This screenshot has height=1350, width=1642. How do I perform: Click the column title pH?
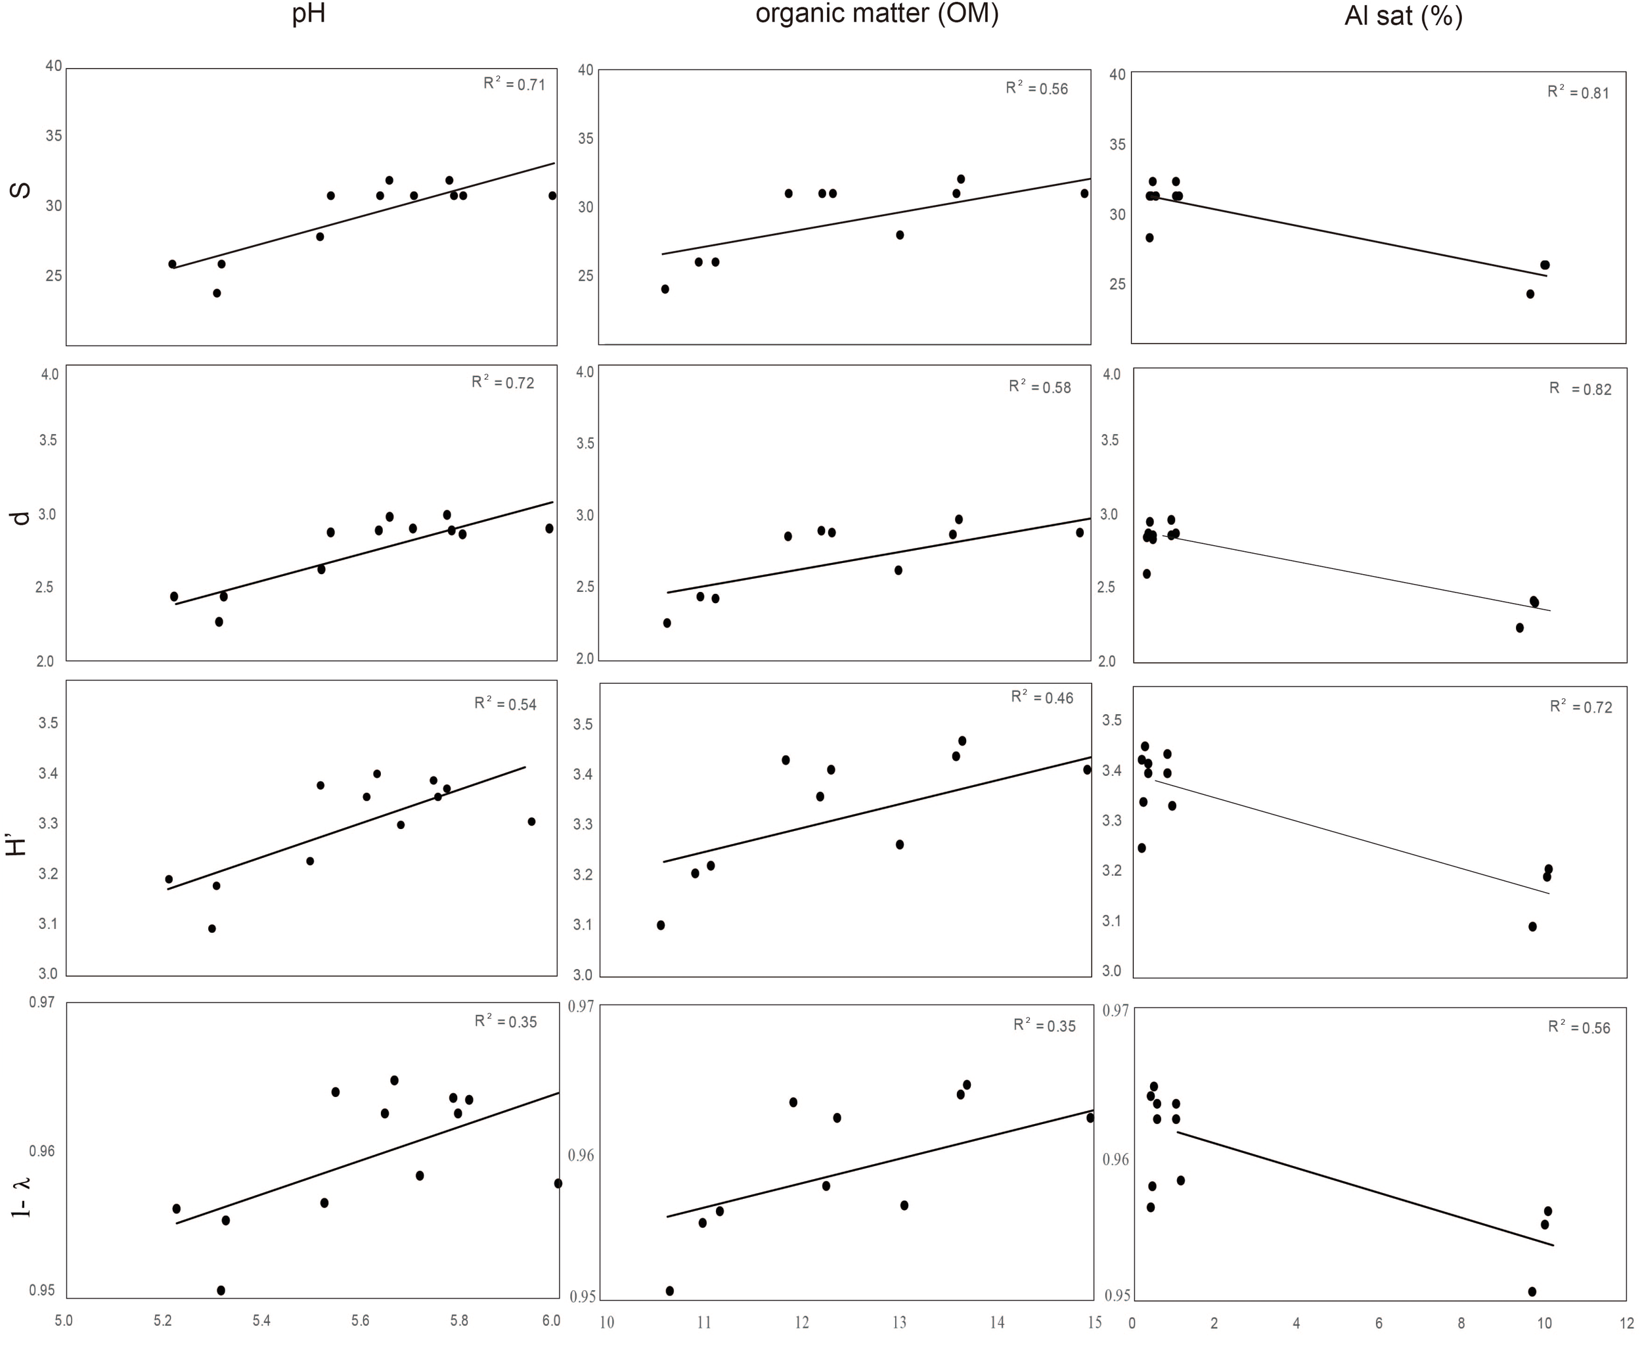[309, 14]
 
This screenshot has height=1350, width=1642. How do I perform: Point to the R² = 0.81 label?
[1578, 93]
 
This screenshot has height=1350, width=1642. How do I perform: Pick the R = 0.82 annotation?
[1580, 389]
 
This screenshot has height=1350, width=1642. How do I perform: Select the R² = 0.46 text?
[1042, 698]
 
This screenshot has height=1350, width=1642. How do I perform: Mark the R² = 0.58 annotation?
[1040, 386]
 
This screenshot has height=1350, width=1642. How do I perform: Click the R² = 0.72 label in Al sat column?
[1580, 707]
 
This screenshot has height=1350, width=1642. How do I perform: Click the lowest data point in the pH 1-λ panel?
[221, 1290]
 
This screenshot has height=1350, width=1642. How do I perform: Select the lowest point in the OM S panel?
[665, 289]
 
